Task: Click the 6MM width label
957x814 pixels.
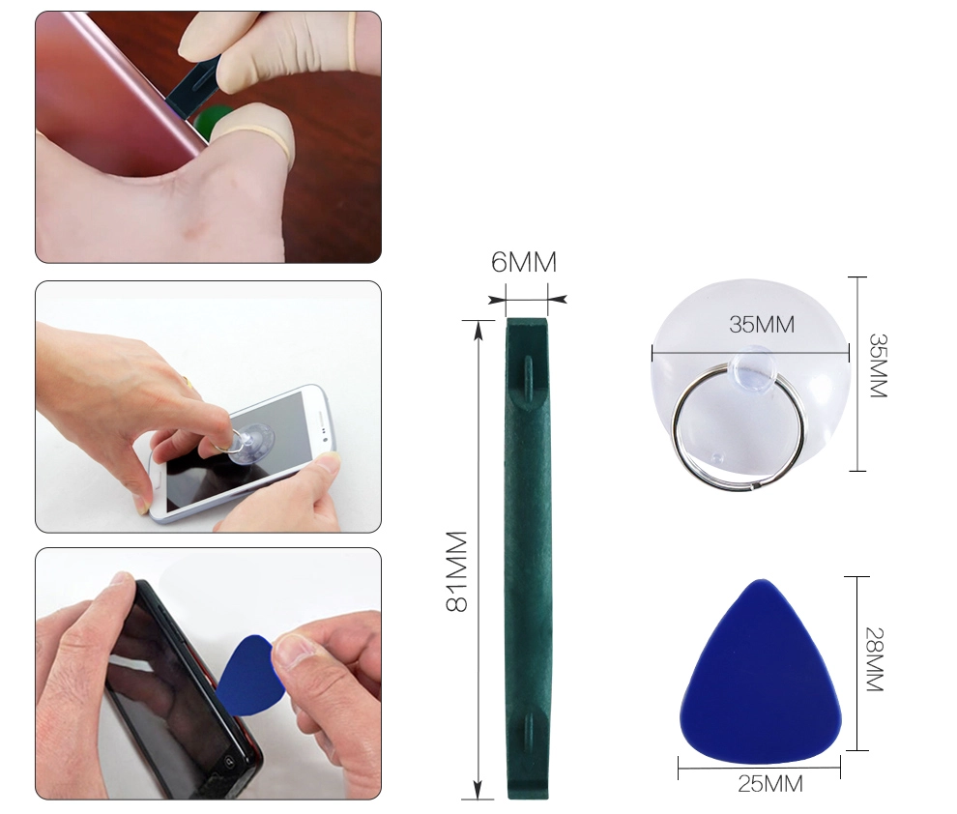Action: (x=524, y=262)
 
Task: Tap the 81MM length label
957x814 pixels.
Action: (x=456, y=571)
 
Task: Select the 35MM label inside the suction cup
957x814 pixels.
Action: (x=762, y=324)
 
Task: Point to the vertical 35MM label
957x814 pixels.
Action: (x=878, y=365)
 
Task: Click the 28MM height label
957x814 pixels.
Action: (x=875, y=659)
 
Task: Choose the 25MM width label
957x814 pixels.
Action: (x=770, y=784)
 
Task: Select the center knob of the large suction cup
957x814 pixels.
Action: (x=752, y=366)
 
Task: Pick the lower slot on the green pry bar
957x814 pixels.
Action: (x=528, y=730)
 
